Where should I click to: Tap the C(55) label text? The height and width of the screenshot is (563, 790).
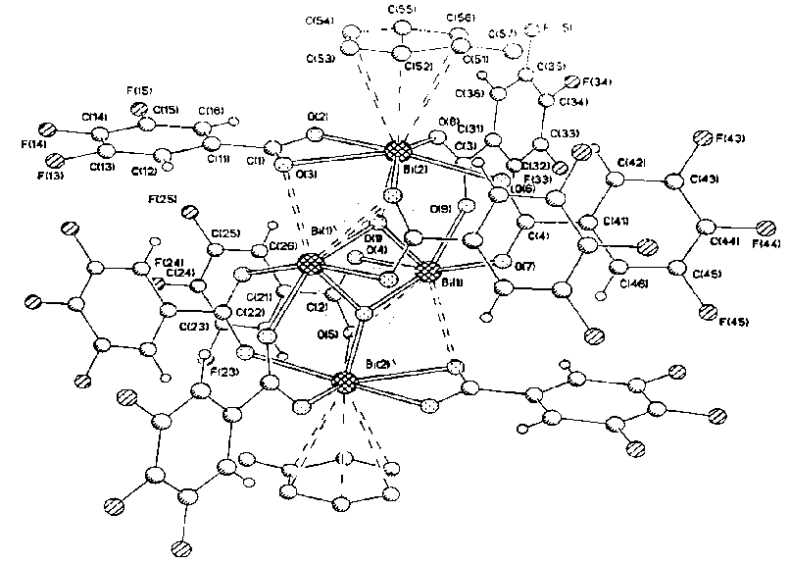(x=404, y=9)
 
